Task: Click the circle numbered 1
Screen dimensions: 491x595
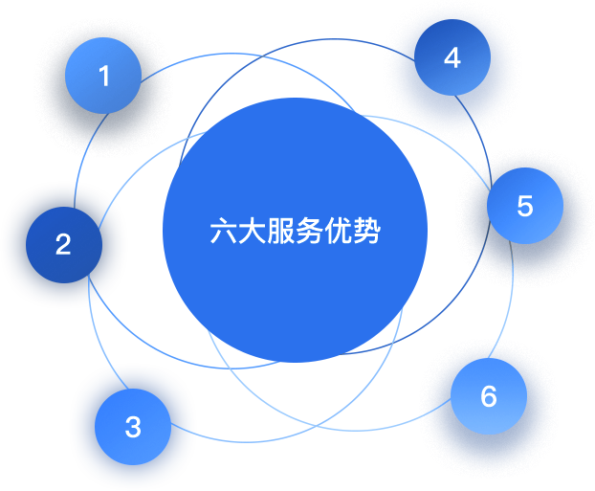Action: (x=103, y=76)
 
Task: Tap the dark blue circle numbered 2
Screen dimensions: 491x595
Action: (x=63, y=244)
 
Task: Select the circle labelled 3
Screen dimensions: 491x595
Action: (x=133, y=427)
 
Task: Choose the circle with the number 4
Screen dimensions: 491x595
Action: (x=452, y=57)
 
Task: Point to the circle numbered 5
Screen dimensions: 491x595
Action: (x=524, y=206)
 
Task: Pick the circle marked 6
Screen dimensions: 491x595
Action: (x=489, y=396)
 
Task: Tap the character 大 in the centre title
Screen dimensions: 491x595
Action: (x=253, y=232)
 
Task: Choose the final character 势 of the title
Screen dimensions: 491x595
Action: (x=367, y=232)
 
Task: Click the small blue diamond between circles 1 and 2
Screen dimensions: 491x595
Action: (x=78, y=168)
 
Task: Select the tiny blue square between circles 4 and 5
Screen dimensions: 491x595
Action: (x=484, y=146)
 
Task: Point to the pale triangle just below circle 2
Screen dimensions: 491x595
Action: (x=94, y=330)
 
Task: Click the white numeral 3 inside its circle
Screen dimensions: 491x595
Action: (x=133, y=427)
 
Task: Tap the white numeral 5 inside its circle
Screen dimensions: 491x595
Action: (x=524, y=206)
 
